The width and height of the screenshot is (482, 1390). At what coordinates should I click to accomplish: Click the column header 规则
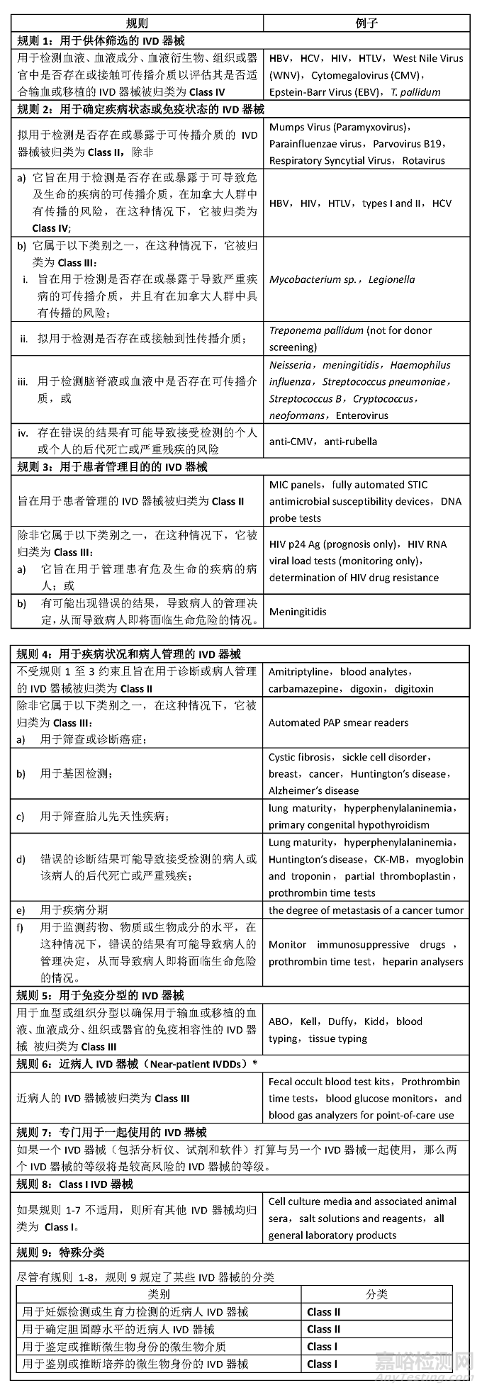point(137,23)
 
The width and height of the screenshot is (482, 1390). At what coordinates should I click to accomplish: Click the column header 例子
point(366,23)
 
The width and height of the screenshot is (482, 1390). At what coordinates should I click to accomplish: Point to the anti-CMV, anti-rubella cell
point(323,441)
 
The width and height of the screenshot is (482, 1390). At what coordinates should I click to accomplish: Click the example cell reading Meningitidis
point(298,611)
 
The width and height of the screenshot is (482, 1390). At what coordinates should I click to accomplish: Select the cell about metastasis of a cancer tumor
point(366,910)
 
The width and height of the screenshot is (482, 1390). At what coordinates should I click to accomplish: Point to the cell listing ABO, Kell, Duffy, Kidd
point(344,1030)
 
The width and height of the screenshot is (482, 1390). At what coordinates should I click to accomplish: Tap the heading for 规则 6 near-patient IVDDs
point(137,1064)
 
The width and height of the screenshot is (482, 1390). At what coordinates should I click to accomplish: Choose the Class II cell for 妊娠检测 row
point(323,1312)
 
